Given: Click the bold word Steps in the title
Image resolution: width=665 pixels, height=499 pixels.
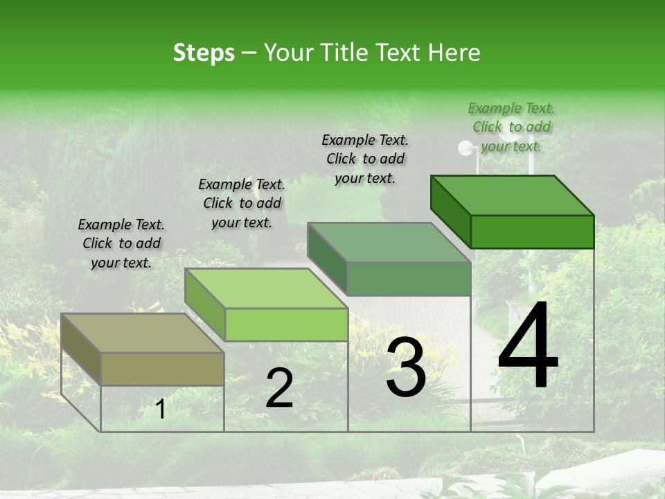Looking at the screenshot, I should [x=204, y=53].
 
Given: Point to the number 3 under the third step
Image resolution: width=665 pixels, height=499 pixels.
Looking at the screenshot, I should [x=406, y=367].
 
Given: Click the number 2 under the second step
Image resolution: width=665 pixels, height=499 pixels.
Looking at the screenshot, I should [x=279, y=388].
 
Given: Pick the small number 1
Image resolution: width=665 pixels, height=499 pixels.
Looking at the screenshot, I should [x=161, y=410].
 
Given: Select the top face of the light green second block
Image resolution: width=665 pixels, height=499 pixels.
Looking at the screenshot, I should [x=266, y=288].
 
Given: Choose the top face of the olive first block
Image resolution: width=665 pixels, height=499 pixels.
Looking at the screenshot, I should [x=143, y=333].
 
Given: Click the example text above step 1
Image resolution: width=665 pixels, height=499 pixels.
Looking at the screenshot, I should [x=121, y=243].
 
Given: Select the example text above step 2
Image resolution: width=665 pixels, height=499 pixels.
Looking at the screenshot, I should [x=242, y=203].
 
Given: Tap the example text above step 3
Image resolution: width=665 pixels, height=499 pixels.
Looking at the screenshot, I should [x=365, y=159].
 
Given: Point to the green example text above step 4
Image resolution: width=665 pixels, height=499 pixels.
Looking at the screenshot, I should [x=511, y=127].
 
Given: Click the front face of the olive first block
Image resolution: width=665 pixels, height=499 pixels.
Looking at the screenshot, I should [x=162, y=369].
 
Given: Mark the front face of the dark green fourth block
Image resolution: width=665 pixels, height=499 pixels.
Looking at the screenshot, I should [x=532, y=231].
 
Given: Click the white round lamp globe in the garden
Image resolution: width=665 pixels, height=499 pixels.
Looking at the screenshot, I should [x=465, y=147].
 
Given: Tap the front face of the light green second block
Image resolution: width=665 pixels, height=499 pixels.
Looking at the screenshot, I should [x=285, y=324].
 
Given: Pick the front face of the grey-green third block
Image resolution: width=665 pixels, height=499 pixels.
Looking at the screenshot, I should [x=409, y=279].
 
